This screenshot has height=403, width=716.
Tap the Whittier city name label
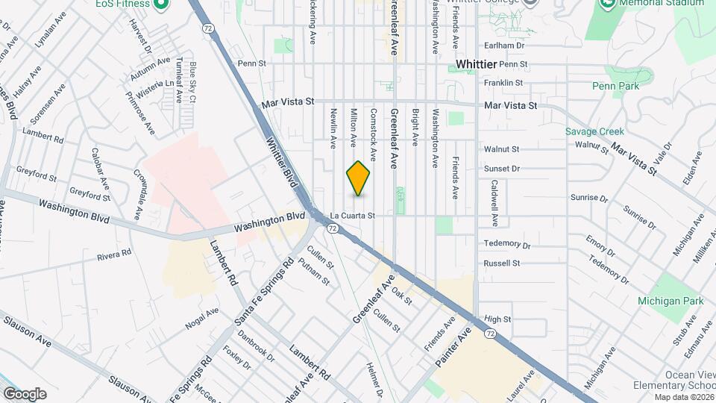481,64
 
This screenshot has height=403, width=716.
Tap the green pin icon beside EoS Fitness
160,4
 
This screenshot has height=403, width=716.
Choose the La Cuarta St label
351,215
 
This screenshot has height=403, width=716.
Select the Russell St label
501,263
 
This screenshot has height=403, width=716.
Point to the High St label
497,319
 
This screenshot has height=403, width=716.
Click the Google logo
25,394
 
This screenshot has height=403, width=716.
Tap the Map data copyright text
679,396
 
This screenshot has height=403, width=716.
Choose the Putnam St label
313,270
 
